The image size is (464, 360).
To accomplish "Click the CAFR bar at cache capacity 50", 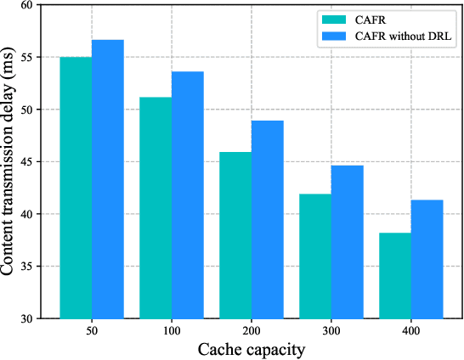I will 76,188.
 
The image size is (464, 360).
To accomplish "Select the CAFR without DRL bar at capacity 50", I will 108,179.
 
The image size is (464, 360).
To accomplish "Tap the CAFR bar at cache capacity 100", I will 156,208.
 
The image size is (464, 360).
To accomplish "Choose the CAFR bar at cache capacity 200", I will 235,235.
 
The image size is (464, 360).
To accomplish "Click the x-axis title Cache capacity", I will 251,348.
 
